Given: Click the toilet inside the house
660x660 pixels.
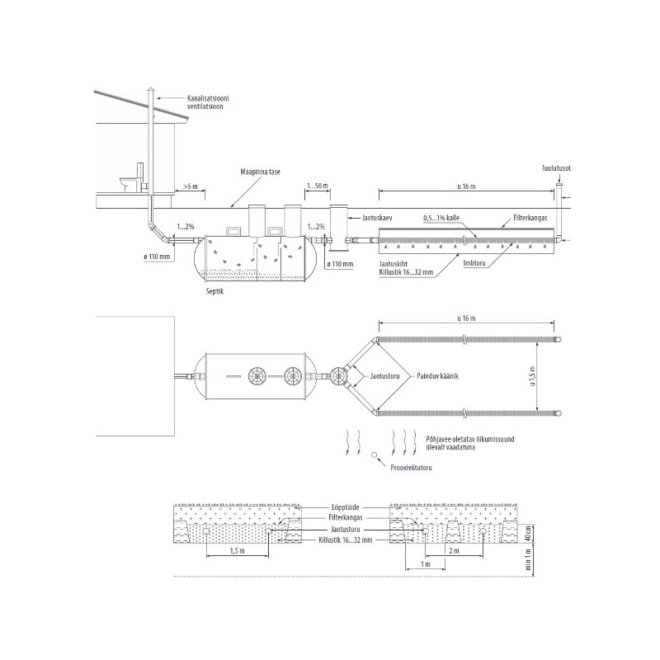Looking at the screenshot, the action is coord(133,177).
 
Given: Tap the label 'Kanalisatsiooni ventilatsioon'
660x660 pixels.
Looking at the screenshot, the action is coord(208,102).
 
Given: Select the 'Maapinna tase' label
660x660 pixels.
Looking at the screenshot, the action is coord(260,172).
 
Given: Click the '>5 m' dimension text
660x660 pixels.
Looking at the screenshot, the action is coord(191,186).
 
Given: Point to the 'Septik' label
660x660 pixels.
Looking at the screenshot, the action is coord(214,291).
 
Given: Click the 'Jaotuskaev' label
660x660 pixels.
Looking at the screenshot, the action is coord(377,219).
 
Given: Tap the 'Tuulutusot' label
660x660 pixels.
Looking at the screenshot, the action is coord(556,168).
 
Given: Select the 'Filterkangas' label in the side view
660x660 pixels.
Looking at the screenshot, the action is coord(530,218).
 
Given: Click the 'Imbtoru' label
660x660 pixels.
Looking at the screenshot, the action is coord(474,263).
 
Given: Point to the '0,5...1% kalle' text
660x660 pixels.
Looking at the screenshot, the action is coord(441,218).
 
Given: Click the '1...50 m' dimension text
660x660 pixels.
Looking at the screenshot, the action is coord(318,186).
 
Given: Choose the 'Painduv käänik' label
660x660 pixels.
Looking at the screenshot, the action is coord(437,376).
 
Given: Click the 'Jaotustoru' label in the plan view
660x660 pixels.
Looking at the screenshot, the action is coord(384,376).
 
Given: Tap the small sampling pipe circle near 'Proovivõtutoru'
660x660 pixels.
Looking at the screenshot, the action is coord(374,455).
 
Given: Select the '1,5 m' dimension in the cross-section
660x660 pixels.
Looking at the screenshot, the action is coord(238,551).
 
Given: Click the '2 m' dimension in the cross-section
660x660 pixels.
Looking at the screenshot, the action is coord(454,551).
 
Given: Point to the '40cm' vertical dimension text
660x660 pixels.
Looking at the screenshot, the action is coord(529,534).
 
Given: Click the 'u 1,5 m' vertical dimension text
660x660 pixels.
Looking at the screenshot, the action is coord(532,377).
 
